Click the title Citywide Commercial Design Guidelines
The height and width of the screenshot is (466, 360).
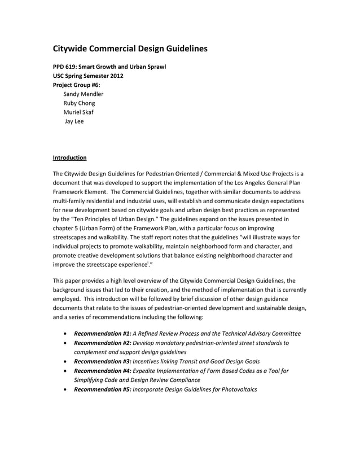click(130, 49)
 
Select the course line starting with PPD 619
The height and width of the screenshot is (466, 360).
click(109, 67)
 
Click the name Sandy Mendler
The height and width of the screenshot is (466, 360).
click(83, 94)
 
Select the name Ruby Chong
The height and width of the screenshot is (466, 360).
click(79, 103)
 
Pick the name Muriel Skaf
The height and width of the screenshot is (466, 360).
click(78, 112)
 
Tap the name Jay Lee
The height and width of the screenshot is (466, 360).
click(74, 121)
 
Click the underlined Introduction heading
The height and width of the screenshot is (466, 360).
click(69, 157)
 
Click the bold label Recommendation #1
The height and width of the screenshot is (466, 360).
click(99, 333)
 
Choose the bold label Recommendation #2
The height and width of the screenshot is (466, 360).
click(99, 342)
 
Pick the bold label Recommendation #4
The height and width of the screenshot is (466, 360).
click(99, 370)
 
